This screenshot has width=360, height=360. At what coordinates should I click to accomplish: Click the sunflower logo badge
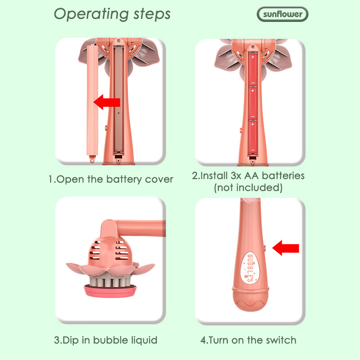pyautogui.click(x=283, y=14)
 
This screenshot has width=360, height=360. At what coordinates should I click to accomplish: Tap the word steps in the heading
pyautogui.click(x=152, y=14)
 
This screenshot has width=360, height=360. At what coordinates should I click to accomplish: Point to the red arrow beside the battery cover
pyautogui.click(x=107, y=102)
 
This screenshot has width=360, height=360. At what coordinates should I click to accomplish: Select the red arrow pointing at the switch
pyautogui.click(x=286, y=248)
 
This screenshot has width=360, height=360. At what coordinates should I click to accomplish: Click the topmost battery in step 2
pyautogui.click(x=253, y=69)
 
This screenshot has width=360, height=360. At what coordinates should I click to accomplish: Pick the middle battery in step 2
pyautogui.click(x=253, y=103)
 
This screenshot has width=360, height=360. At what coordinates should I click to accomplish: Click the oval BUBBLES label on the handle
pyautogui.click(x=250, y=268)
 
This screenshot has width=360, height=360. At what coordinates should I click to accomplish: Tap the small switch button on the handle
pyautogui.click(x=265, y=248)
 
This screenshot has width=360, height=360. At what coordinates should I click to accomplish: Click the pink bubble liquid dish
pyautogui.click(x=110, y=290)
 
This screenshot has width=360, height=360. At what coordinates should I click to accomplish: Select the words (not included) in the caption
pyautogui.click(x=248, y=188)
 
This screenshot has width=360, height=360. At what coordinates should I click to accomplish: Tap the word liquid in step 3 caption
pyautogui.click(x=144, y=340)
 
